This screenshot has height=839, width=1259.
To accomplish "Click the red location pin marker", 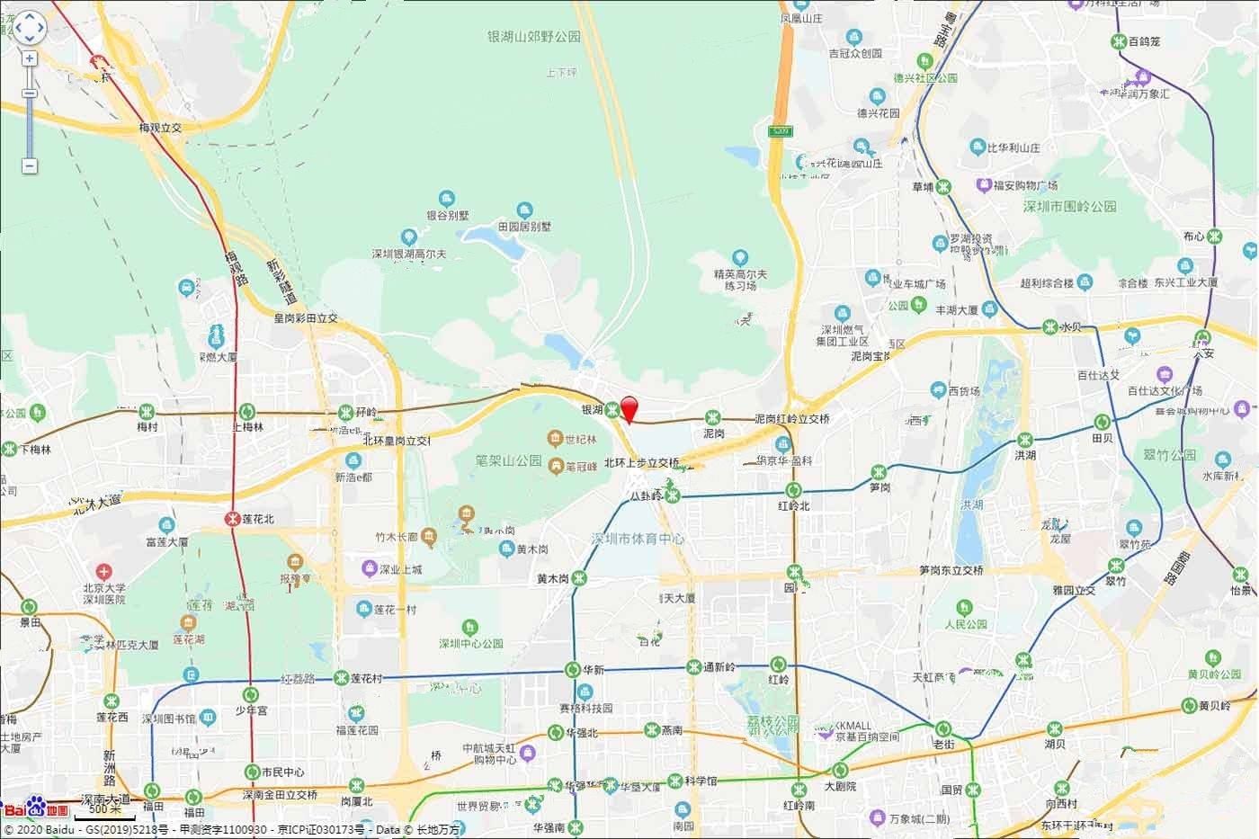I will point(630,407).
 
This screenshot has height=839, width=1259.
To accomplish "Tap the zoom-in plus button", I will point(30,58).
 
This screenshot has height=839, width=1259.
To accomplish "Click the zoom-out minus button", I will point(30,165).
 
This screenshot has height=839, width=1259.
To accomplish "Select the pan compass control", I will point(29,27).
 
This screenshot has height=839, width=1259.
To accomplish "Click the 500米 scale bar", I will point(105,813).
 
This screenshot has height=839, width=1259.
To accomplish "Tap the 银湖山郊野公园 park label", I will point(534,37).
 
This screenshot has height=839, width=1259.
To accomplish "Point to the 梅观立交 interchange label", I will point(160,128).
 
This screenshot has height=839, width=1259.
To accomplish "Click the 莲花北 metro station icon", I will point(232,519).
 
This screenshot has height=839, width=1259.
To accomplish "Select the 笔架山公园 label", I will point(509,460).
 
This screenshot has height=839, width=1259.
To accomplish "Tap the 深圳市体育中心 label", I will point(638,540).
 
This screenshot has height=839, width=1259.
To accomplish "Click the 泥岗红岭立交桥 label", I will point(791,419).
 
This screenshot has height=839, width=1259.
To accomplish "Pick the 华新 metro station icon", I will point(573,670).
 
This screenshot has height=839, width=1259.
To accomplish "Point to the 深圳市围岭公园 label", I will point(1069,206).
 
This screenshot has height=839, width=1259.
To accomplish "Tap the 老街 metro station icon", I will point(942,728).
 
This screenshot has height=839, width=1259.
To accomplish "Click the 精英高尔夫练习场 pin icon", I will point(740,258).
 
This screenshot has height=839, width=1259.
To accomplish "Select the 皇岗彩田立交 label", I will point(306,318).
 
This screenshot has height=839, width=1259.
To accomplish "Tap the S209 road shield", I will point(781,131).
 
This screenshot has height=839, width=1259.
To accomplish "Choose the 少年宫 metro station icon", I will point(251,694).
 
